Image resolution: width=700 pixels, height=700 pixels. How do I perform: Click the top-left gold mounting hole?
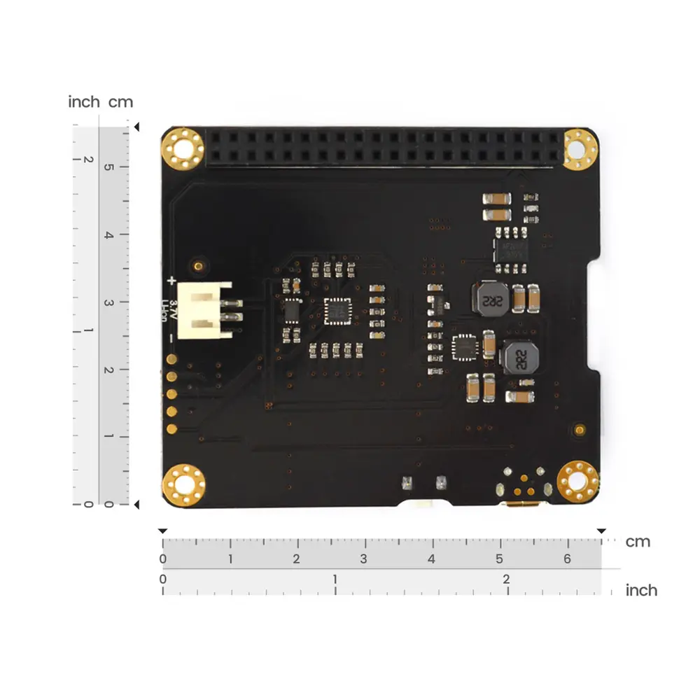pos(183,149)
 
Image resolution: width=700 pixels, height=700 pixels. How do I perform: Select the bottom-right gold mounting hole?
pos(577,482)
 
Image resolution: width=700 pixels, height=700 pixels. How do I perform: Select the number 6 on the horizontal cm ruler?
pos(567,559)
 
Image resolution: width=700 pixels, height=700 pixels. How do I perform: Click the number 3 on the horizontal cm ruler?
pos(364,559)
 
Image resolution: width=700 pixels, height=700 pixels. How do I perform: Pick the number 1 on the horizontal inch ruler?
pos(335,580)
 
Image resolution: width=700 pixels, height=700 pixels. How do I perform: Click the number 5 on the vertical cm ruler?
pos(108,167)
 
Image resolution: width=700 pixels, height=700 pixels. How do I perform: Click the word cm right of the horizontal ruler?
pos(638,542)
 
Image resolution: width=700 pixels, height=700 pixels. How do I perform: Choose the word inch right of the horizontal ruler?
pos(641,590)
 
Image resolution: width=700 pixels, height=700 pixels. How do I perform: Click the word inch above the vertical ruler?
pos(84,102)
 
